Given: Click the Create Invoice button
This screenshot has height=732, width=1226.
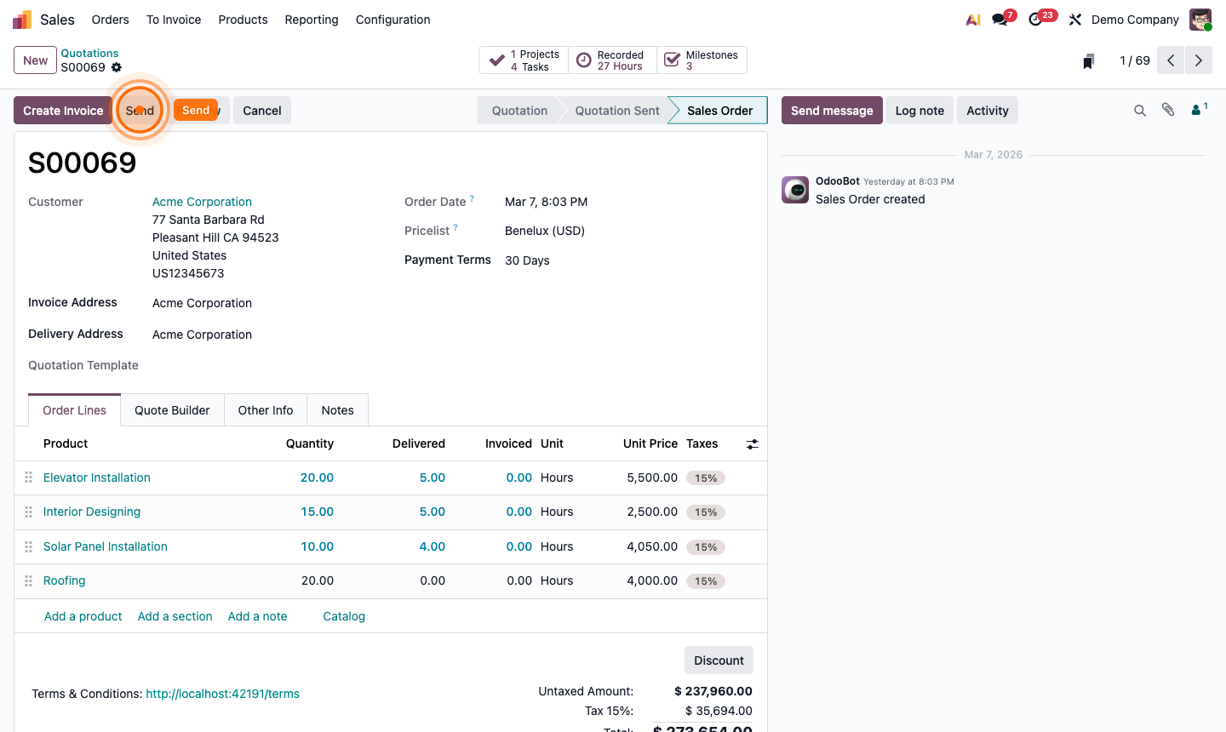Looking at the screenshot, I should click(63, 111).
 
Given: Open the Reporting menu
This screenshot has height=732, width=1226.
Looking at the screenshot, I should click(312, 20).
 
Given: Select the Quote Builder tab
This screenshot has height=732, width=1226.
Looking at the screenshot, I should click(172, 410).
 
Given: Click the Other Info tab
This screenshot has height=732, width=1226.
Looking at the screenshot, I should click(266, 410).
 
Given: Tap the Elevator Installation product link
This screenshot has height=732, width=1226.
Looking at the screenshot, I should click(97, 478).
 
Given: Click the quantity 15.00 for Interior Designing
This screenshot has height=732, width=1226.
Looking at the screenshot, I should click(317, 512).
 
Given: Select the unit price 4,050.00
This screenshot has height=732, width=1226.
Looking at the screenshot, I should click(651, 546).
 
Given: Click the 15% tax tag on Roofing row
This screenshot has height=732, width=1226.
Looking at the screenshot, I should click(706, 581).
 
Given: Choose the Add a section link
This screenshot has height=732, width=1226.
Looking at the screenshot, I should click(175, 616).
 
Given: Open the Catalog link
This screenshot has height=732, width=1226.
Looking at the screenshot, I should click(344, 616).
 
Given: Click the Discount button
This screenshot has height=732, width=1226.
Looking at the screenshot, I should click(719, 661).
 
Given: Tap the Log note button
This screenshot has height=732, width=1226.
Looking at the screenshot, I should click(919, 111).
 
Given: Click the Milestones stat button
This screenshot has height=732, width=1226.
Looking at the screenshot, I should click(702, 60).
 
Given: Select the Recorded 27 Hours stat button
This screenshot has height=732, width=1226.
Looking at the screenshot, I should click(612, 60).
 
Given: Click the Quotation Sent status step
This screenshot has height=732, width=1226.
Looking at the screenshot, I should click(617, 111).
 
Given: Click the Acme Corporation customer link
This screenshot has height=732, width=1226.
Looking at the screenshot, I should click(202, 202).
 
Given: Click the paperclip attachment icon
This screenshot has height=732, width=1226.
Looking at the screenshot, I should click(1168, 110).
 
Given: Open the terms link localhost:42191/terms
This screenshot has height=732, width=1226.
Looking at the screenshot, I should click(222, 694).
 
